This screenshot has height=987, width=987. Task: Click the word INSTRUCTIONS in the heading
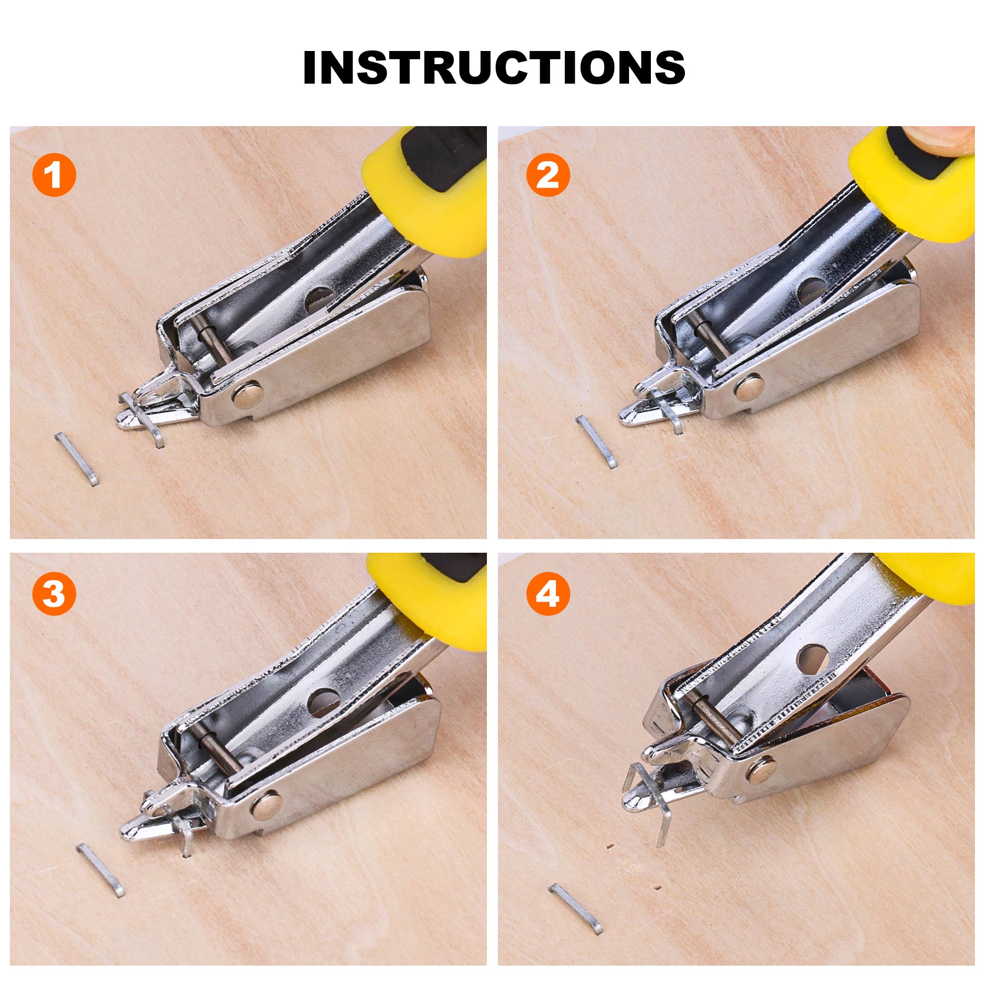493,67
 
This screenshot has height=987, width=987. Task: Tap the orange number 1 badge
54,175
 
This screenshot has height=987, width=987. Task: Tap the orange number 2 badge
547,175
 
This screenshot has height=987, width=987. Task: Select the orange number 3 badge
54,594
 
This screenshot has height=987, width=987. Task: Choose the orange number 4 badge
547,594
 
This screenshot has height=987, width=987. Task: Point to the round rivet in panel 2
749,387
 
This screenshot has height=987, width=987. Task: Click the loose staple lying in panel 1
77,458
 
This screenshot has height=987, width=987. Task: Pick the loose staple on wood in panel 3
100,870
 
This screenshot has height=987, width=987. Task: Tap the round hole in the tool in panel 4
812,660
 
